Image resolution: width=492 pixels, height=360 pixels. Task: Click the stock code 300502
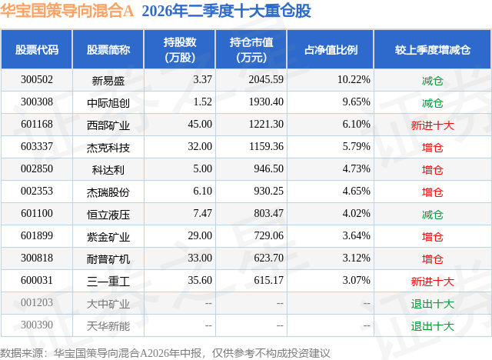click(37, 80)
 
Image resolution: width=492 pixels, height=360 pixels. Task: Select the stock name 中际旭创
click(108, 102)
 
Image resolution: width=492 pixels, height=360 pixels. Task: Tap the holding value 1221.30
click(266, 125)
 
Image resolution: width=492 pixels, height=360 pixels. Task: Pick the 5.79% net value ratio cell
click(356, 147)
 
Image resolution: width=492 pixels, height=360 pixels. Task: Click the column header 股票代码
click(37, 49)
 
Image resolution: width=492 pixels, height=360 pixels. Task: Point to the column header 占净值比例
click(331, 49)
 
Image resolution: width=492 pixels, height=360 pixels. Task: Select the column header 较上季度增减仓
click(433, 49)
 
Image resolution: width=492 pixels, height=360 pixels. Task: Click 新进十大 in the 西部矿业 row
click(433, 125)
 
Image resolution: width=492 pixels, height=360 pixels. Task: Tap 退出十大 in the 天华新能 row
click(433, 326)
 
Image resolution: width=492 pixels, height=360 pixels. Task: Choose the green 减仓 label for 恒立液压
click(433, 215)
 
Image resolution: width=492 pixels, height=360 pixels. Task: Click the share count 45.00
click(200, 125)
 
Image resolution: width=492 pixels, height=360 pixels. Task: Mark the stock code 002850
click(37, 169)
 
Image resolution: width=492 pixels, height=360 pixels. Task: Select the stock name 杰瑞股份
click(108, 192)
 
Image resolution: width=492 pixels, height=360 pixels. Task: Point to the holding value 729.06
click(268, 235)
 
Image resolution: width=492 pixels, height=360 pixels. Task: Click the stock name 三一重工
click(108, 282)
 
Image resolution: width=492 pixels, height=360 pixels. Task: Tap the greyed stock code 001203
click(37, 302)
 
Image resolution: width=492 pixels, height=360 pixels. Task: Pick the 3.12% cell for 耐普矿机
click(356, 258)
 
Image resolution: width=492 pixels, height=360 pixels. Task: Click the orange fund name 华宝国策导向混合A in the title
click(67, 11)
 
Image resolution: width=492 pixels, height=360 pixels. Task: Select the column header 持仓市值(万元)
click(251, 49)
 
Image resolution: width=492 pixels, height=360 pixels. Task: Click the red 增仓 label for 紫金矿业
click(433, 237)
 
